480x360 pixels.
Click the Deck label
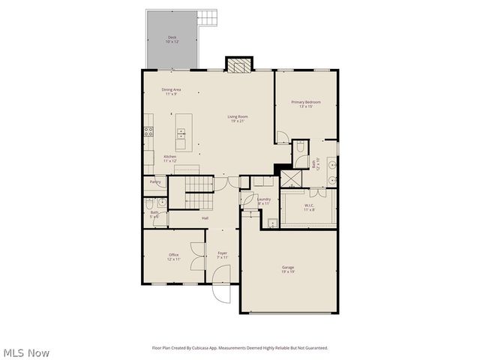click(172, 39)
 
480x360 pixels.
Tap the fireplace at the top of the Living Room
click(239, 65)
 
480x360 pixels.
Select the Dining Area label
click(171, 92)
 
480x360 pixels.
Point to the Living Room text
click(238, 118)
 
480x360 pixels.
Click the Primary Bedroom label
click(305, 104)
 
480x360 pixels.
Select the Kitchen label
click(170, 158)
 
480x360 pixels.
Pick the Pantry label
click(155, 181)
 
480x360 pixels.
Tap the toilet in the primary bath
click(298, 145)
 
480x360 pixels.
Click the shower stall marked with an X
click(288, 179)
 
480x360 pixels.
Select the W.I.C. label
click(308, 207)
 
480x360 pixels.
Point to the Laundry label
click(264, 201)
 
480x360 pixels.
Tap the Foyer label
click(222, 256)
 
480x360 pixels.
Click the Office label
click(173, 256)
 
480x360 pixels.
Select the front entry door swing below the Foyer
click(220, 293)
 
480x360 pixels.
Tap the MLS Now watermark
click(25, 352)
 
